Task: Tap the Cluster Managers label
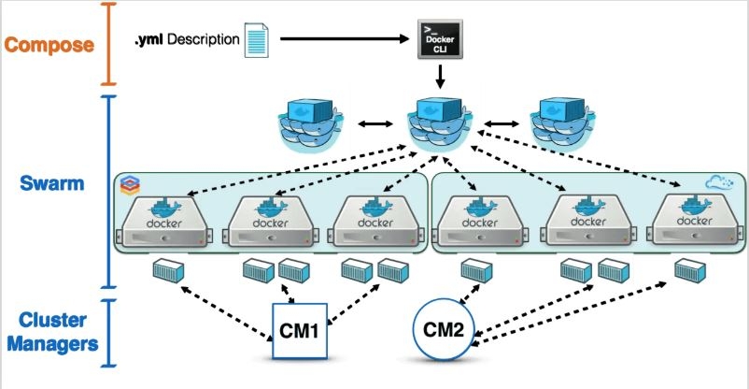(51, 332)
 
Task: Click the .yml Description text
(186, 40)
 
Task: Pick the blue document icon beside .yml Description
(256, 41)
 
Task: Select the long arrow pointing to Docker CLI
(346, 40)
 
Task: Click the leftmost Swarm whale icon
(310, 125)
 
